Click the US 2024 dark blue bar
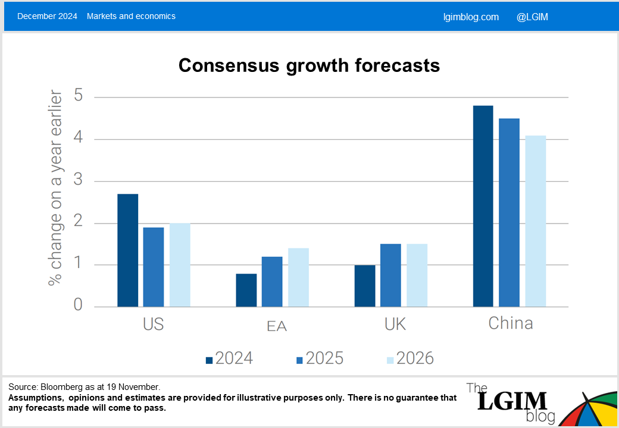(127, 250)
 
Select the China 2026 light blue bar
(536, 221)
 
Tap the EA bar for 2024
(246, 290)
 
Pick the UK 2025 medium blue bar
(390, 275)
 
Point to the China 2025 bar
(509, 213)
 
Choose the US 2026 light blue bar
(180, 265)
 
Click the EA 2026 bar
(298, 278)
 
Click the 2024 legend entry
(229, 358)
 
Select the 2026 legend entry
(410, 358)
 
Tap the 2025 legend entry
(320, 358)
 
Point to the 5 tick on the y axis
(79, 96)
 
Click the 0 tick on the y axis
(79, 306)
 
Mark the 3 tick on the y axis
(79, 181)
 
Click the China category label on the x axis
(510, 323)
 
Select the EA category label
(277, 326)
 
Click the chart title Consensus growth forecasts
(309, 65)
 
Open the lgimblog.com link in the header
(471, 17)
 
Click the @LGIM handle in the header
(532, 17)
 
